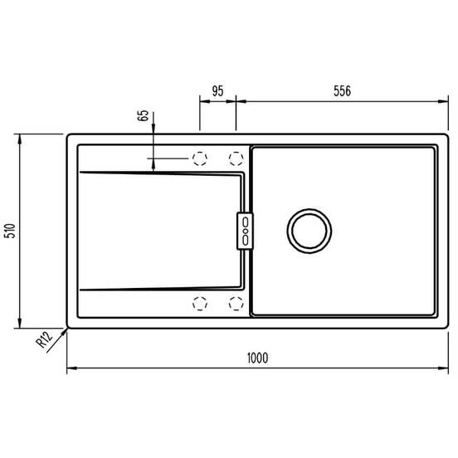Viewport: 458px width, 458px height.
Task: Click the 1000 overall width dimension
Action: pyautogui.click(x=257, y=358)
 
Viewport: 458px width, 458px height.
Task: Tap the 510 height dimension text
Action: pyautogui.click(x=11, y=231)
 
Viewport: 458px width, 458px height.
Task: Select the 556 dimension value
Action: pyautogui.click(x=342, y=90)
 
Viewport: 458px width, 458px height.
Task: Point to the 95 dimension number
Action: pyautogui.click(x=217, y=90)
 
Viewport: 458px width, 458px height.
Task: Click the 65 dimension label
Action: pyautogui.click(x=143, y=115)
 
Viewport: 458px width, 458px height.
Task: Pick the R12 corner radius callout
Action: pyautogui.click(x=44, y=339)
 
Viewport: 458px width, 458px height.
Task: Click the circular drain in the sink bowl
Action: pyautogui.click(x=309, y=231)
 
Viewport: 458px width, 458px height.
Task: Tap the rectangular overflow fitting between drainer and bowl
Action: pyautogui.click(x=245, y=231)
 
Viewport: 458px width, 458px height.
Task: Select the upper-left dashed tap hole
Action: pyautogui.click(x=200, y=158)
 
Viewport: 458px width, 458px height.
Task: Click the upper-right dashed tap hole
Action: pyautogui.click(x=236, y=158)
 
